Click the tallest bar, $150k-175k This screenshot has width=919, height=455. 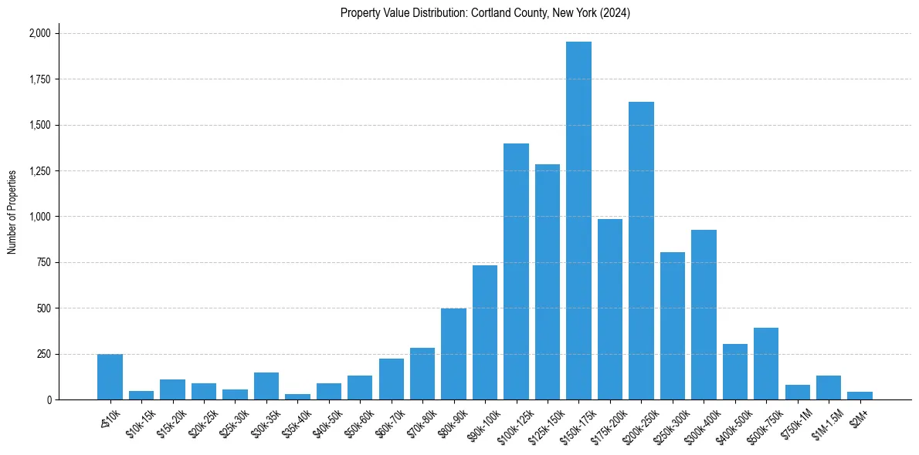click(x=578, y=221)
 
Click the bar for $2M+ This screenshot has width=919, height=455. click(x=860, y=396)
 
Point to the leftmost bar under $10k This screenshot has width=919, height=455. click(x=110, y=377)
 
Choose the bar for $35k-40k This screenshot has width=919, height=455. click(x=297, y=396)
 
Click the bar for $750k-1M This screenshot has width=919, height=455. click(x=797, y=392)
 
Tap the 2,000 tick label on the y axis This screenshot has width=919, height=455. click(x=40, y=34)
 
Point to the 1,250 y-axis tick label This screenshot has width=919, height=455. click(x=40, y=171)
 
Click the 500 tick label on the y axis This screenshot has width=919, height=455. click(x=45, y=308)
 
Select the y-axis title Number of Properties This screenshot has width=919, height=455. click(x=12, y=212)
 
